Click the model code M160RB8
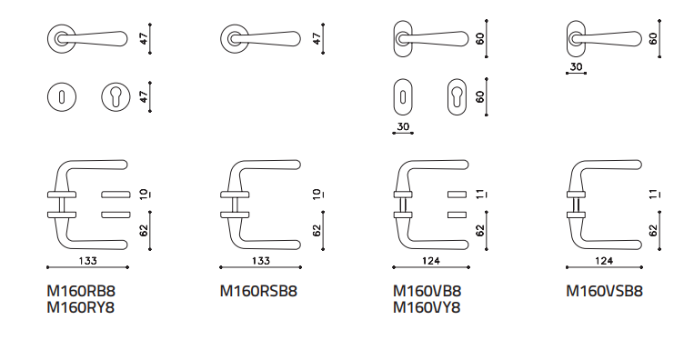pyautogui.click(x=81, y=291)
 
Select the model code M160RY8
pyautogui.click(x=81, y=307)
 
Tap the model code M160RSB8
pyautogui.click(x=258, y=291)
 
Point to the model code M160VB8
pyautogui.click(x=427, y=291)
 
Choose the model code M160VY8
pyautogui.click(x=427, y=307)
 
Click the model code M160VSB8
pyautogui.click(x=605, y=291)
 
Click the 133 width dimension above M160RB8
pyautogui.click(x=87, y=261)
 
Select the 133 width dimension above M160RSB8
pyautogui.click(x=261, y=261)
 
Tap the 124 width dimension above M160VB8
pyautogui.click(x=430, y=261)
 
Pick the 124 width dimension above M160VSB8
pyautogui.click(x=604, y=261)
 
